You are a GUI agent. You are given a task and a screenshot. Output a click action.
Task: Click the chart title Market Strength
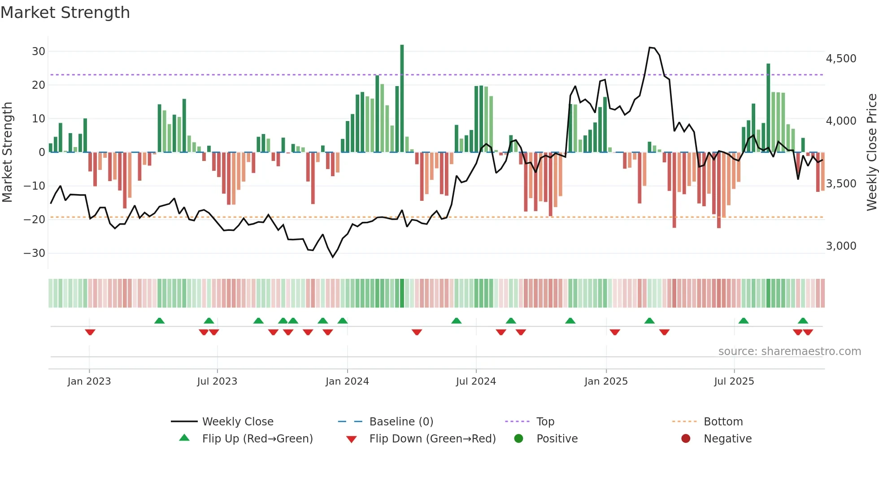[x=65, y=13]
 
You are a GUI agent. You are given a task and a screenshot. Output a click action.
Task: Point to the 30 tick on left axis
[x=39, y=52]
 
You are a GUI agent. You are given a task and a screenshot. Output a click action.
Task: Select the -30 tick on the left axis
[x=35, y=253]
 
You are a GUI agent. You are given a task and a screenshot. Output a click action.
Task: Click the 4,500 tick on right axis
[x=841, y=59]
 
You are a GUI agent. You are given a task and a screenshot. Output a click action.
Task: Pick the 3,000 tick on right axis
[x=841, y=246]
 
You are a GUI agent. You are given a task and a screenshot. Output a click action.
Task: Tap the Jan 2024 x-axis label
[x=347, y=381]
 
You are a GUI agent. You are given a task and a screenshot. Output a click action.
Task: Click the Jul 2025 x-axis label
[x=734, y=381]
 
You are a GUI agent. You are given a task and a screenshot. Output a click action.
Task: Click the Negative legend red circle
[x=686, y=439]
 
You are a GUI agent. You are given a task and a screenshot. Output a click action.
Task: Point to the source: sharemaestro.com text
[x=789, y=351]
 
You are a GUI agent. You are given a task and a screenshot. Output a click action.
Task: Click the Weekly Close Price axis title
[x=871, y=152]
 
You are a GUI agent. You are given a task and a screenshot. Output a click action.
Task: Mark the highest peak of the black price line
[x=650, y=47]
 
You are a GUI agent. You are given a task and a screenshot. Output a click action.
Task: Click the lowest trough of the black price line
[x=333, y=257]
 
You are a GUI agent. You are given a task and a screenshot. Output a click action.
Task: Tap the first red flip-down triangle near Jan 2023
[x=90, y=332]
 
